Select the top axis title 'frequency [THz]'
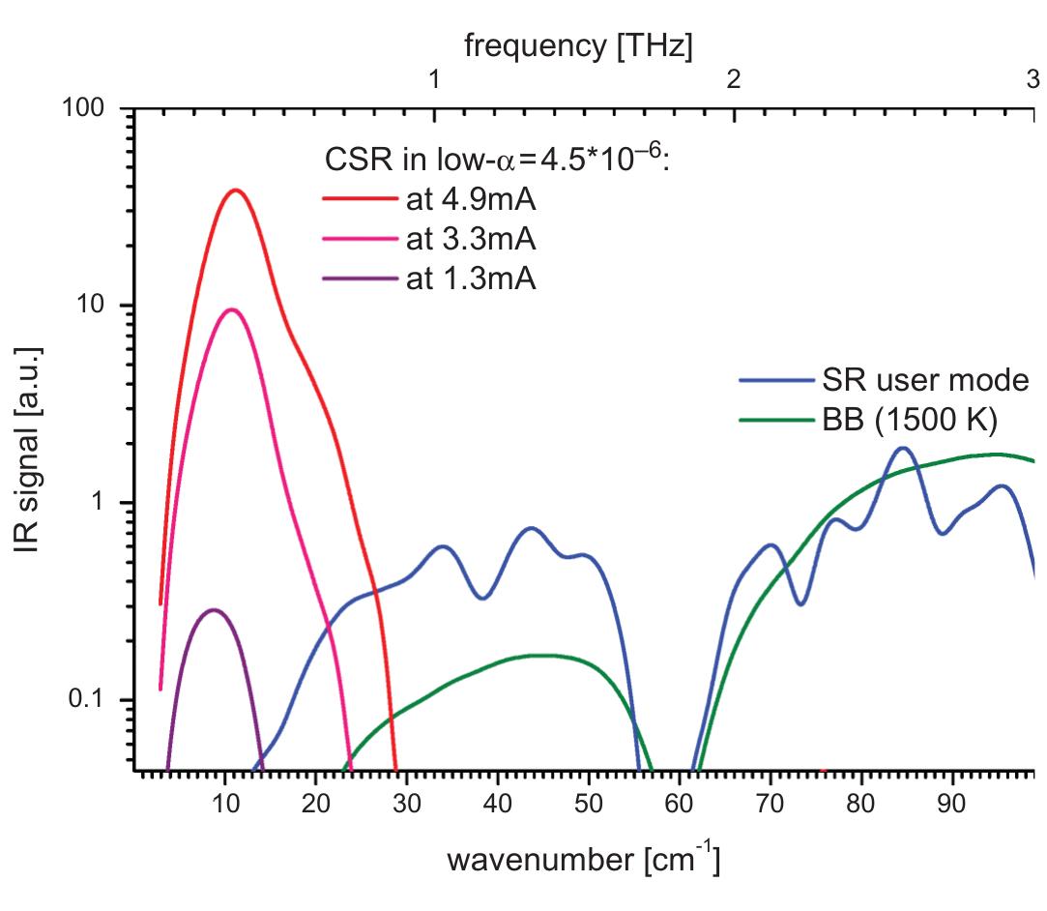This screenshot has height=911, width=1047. [578, 46]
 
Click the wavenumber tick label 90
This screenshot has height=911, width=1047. [953, 804]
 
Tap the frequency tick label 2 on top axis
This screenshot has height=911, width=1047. [734, 79]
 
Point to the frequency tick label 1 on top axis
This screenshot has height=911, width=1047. [435, 79]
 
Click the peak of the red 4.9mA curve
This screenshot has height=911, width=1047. [235, 190]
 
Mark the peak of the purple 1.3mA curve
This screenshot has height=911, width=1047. [213, 610]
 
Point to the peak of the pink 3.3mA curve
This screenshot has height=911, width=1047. [231, 309]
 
